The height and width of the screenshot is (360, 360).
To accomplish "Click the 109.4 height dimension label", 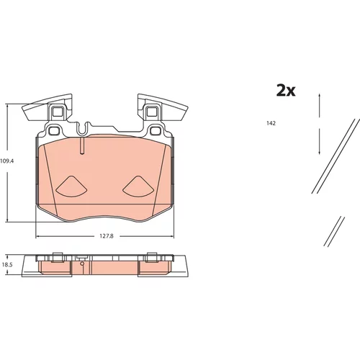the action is coord(6,161).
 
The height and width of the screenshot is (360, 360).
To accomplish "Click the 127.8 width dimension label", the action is coord(107,236).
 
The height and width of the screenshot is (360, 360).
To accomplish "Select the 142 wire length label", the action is coord(271,123).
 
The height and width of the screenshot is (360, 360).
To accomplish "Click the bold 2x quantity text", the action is coord(286,91).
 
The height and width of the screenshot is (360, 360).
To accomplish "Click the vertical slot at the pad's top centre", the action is coord(82,146).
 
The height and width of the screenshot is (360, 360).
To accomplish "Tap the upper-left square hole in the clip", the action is coord(57,112).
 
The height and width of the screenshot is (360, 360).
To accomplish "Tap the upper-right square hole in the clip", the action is coord(151,112).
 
